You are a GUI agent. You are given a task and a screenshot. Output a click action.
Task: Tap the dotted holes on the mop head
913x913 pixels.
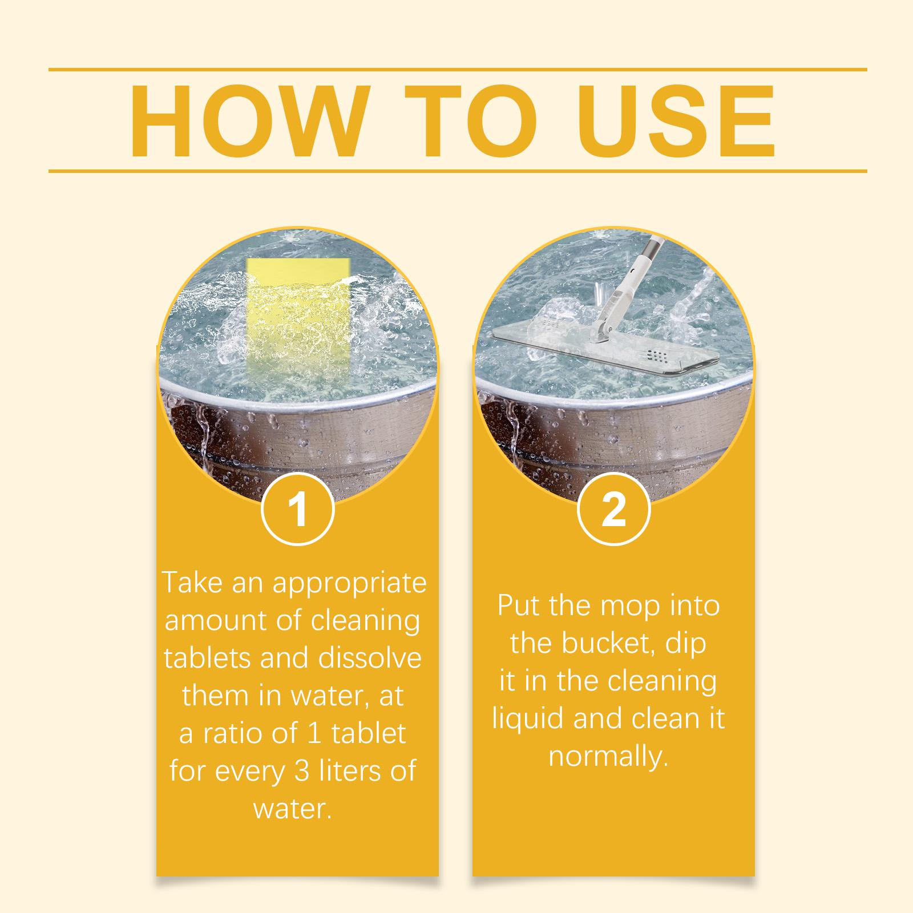(x=661, y=357)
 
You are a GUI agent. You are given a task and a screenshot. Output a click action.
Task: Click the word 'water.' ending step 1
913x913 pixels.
(x=292, y=809)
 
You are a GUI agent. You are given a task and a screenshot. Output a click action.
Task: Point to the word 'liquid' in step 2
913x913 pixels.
(x=528, y=719)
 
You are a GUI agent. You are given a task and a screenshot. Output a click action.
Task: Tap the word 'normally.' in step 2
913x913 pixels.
(x=608, y=757)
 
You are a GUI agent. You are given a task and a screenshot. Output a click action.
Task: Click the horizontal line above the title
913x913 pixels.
(x=457, y=70)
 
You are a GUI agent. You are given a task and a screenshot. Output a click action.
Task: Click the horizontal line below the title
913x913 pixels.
(x=457, y=171)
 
